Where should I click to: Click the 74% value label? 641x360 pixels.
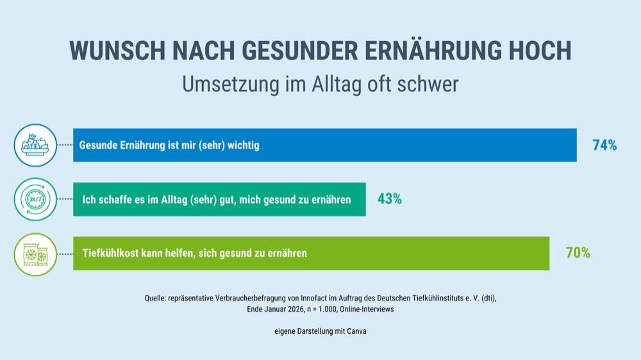coord(604,145)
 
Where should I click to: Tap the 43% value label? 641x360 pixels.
coord(390,199)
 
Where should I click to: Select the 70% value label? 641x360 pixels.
coord(578,253)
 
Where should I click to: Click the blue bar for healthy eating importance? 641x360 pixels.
coord(417,145)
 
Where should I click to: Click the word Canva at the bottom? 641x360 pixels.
coord(355,331)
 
